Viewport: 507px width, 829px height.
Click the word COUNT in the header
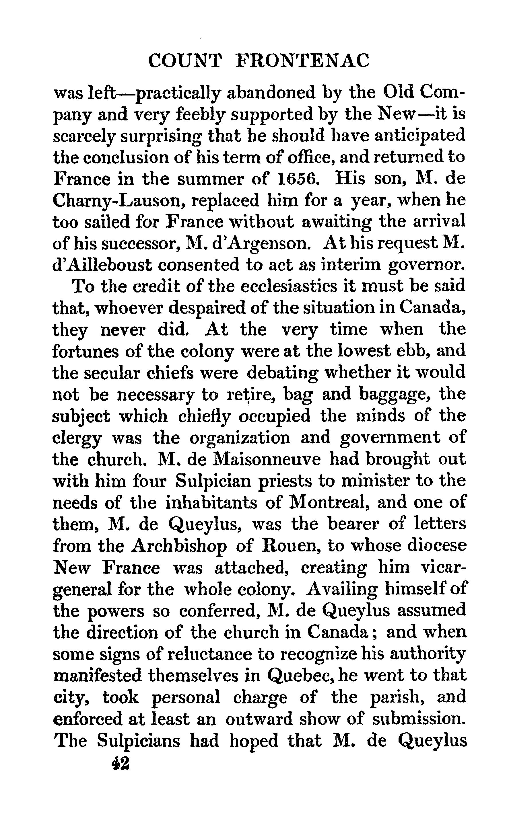click(x=185, y=61)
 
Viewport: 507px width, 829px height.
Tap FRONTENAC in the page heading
click(x=302, y=61)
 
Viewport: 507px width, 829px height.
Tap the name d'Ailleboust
click(x=102, y=265)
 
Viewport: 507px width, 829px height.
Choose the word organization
click(x=240, y=438)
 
